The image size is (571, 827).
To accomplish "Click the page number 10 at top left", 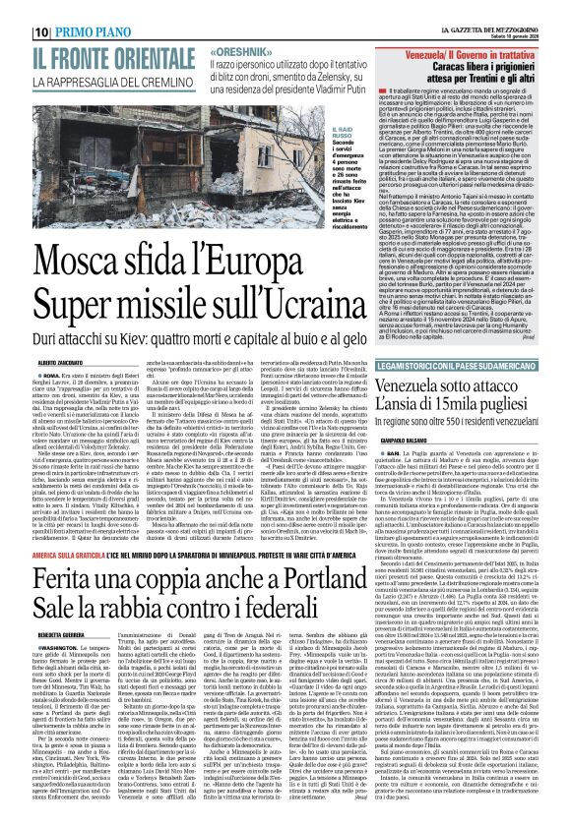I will click(15, 9).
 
